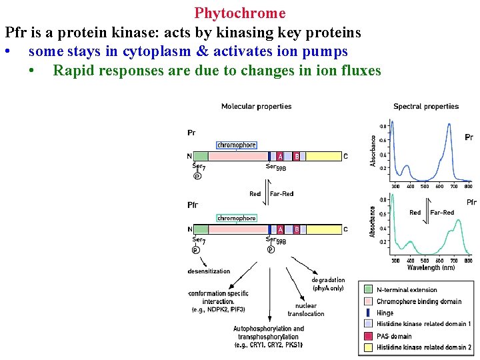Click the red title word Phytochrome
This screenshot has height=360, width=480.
240,13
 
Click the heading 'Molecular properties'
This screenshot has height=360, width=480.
256,106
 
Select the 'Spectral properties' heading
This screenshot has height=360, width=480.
426,106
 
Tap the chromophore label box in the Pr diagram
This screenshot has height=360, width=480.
236,145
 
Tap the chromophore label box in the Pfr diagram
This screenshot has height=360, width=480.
236,218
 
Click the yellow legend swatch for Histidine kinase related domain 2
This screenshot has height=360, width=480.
368,347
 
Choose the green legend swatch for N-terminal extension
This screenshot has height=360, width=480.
368,290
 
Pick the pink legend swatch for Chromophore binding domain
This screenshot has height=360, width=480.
368,301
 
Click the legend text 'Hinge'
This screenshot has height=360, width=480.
385,313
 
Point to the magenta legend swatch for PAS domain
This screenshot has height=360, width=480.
368,336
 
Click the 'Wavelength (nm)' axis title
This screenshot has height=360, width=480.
431,267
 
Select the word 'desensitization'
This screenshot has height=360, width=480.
209,271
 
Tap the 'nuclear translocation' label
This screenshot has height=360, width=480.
306,310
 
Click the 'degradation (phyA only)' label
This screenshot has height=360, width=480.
328,284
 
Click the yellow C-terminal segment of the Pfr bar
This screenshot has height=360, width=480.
323,229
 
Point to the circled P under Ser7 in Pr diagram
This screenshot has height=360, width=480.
197,176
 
